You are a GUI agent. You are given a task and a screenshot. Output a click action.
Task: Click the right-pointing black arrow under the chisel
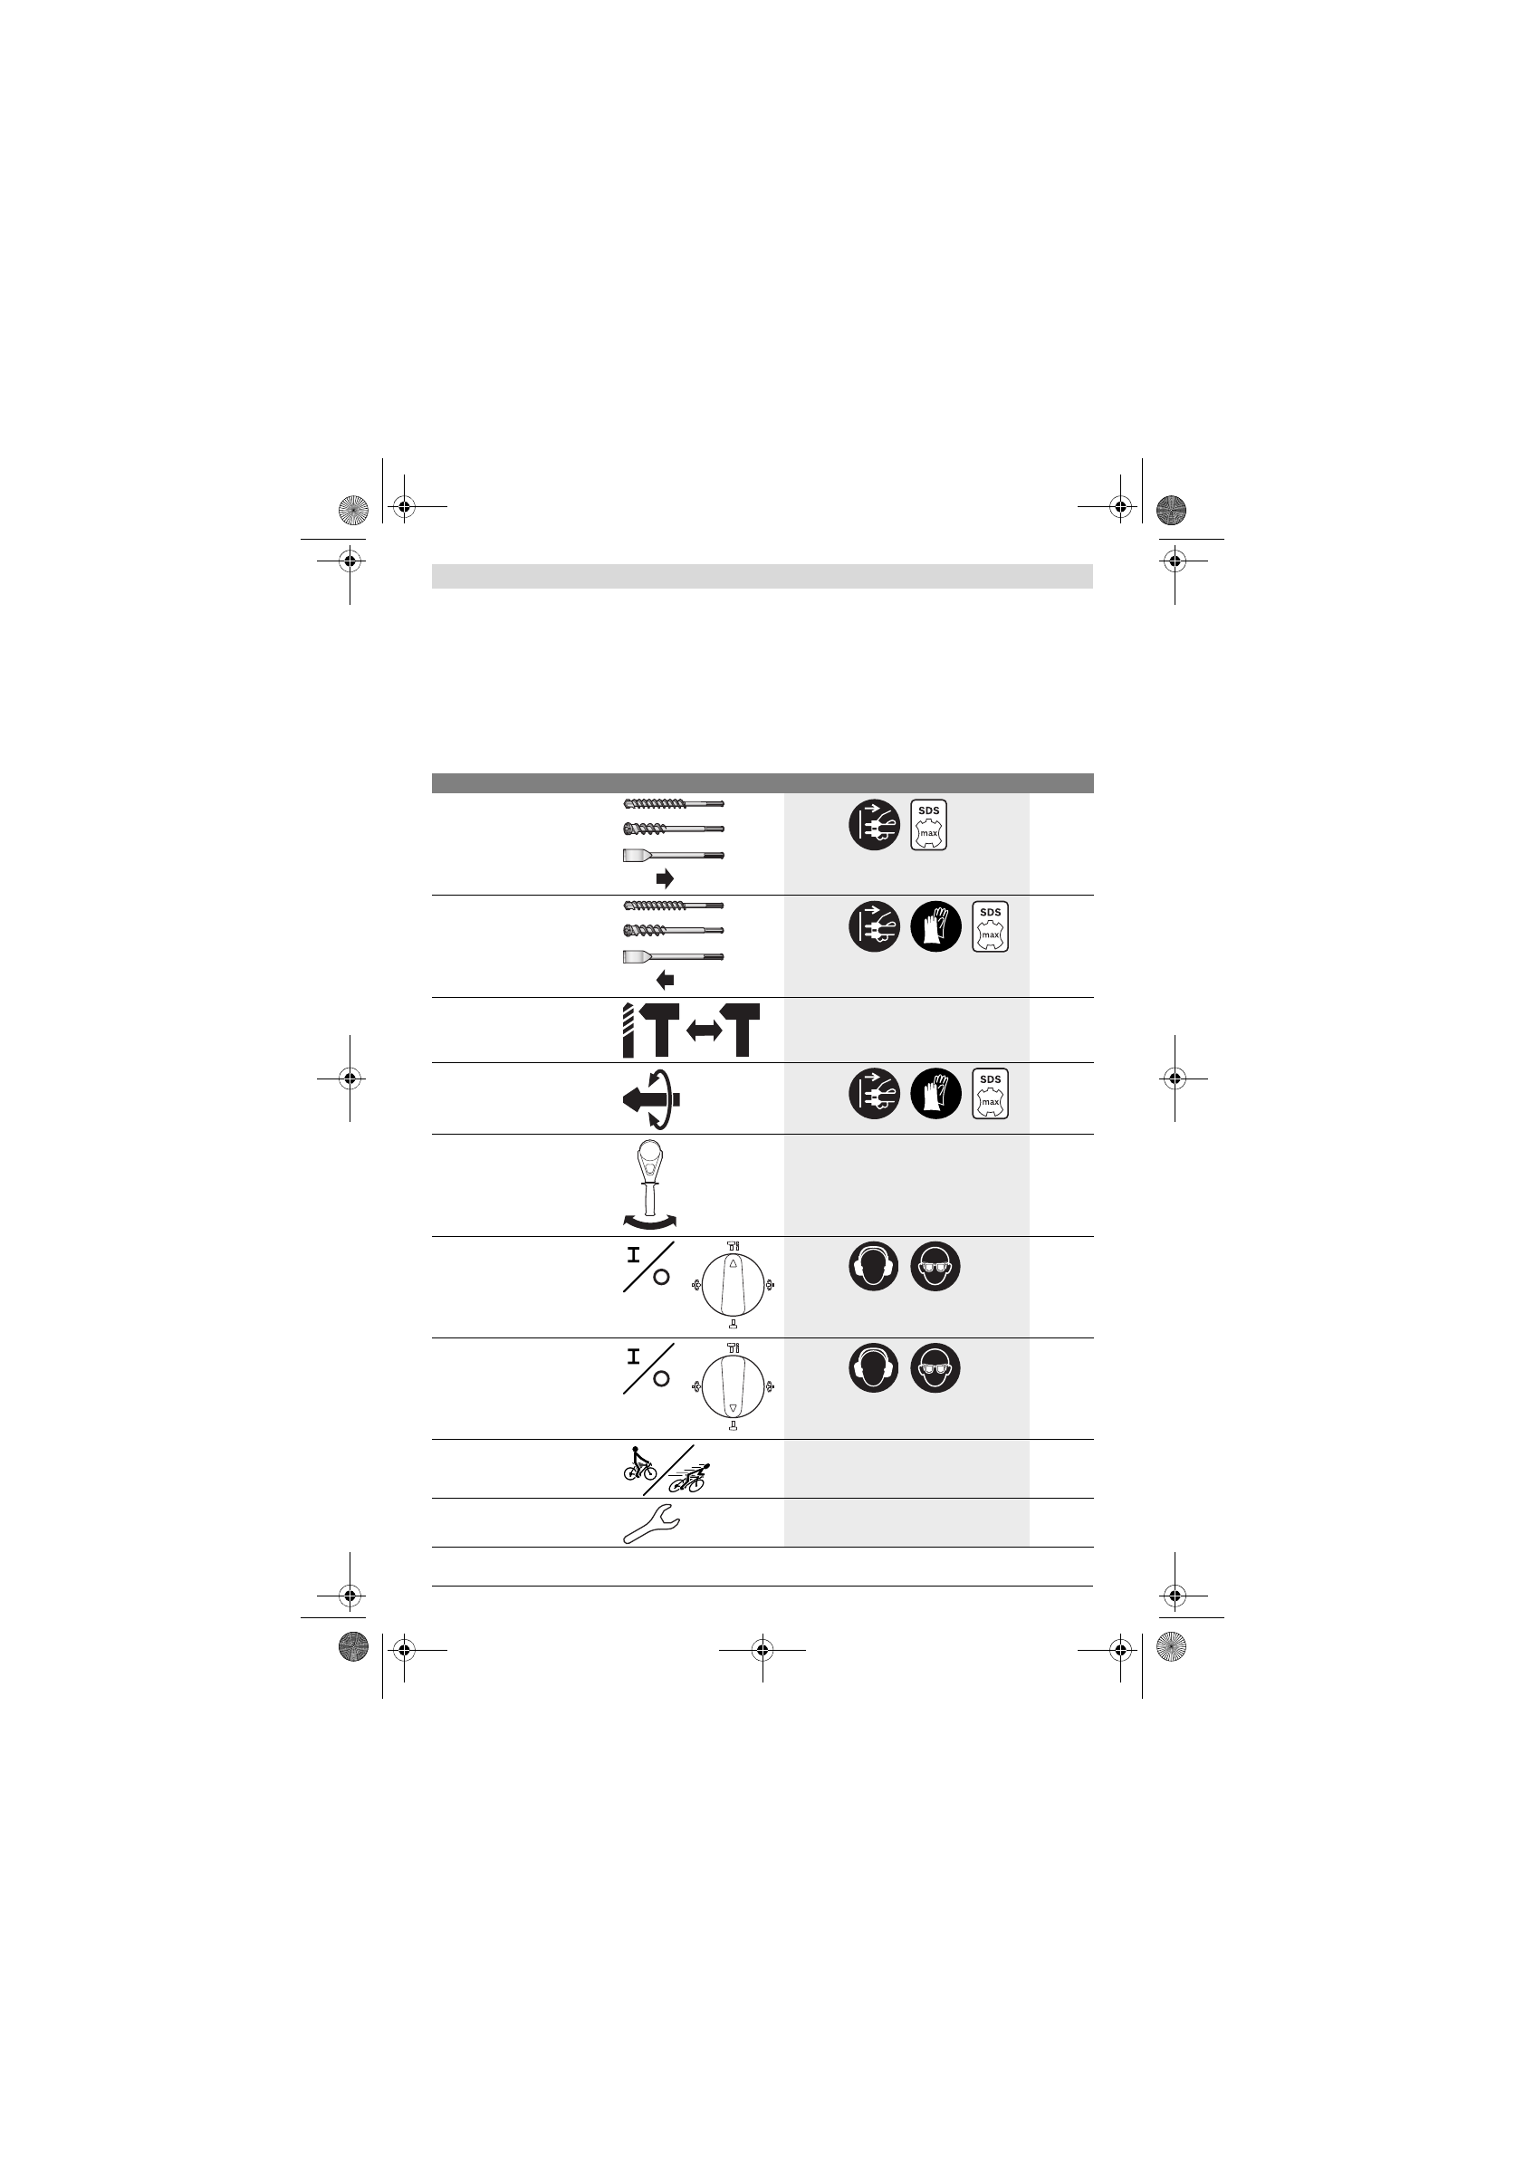point(665,878)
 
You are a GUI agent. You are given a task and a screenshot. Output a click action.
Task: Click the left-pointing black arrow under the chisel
point(665,980)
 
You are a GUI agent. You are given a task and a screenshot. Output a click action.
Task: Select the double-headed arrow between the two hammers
point(704,1031)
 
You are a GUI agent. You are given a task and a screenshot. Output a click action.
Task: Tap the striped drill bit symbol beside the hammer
point(628,1030)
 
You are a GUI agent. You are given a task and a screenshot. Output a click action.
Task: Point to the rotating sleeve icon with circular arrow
point(651,1098)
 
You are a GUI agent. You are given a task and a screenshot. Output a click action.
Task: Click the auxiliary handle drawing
point(649,1178)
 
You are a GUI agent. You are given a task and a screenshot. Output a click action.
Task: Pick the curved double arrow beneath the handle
point(649,1221)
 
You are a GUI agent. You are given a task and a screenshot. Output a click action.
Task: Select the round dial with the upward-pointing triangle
point(733,1284)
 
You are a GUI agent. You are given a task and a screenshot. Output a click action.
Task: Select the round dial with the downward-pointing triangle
point(733,1386)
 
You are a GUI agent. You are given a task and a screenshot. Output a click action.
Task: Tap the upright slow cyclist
point(640,1463)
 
